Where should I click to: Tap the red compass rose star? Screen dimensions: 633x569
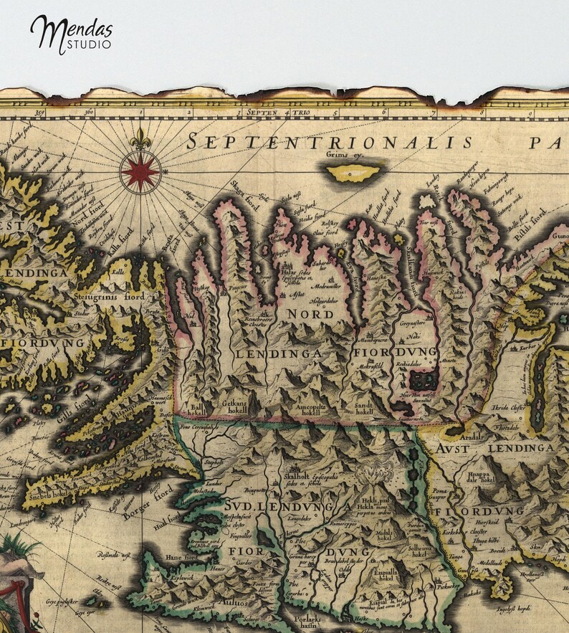pyautogui.click(x=140, y=173)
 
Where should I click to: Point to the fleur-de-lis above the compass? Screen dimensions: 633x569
pyautogui.click(x=140, y=137)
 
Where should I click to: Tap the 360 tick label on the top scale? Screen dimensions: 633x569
pyautogui.click(x=88, y=112)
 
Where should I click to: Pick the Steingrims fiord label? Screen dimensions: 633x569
pyautogui.click(x=109, y=295)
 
